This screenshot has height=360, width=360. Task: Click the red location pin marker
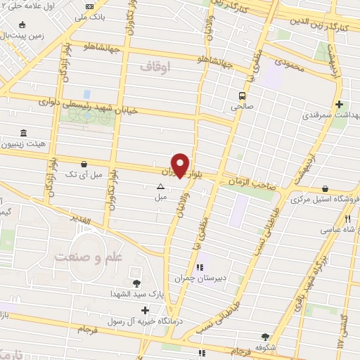181,165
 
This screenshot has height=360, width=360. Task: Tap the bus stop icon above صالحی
242,96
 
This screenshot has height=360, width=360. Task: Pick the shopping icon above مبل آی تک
84,162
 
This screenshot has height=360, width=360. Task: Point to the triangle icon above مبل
161,187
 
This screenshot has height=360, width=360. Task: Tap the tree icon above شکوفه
265,337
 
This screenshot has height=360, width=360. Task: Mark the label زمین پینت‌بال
22,33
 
